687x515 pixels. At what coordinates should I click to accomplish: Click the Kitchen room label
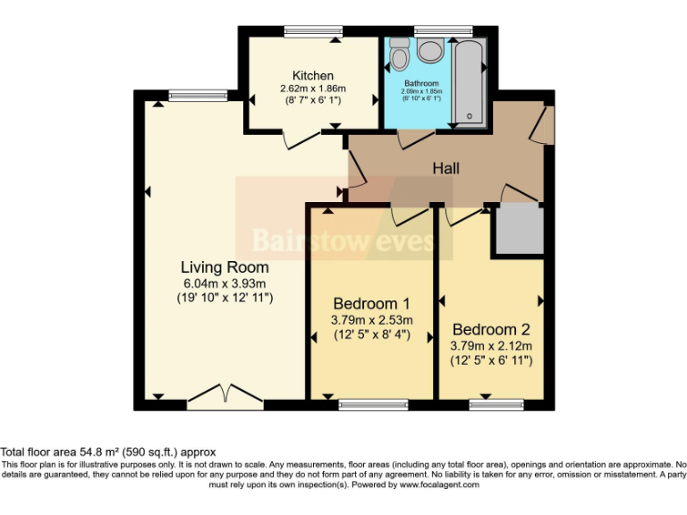(x=312, y=75)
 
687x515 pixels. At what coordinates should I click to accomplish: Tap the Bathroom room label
(x=420, y=83)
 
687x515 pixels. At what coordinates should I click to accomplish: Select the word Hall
(x=446, y=168)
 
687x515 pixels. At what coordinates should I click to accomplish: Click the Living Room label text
(x=225, y=267)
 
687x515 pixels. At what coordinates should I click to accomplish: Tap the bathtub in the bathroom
(x=468, y=80)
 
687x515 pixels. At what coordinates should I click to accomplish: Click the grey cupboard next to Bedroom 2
(x=520, y=229)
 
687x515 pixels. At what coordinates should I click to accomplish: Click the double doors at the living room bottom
(x=219, y=396)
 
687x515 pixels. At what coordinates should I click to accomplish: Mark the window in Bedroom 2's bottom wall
(x=496, y=405)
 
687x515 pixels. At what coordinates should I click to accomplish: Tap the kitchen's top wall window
(x=312, y=31)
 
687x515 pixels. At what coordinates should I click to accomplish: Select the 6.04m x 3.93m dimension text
(x=225, y=283)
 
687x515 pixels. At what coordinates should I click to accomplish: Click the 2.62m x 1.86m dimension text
(x=312, y=89)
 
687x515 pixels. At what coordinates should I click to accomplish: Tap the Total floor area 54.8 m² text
(x=108, y=452)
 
